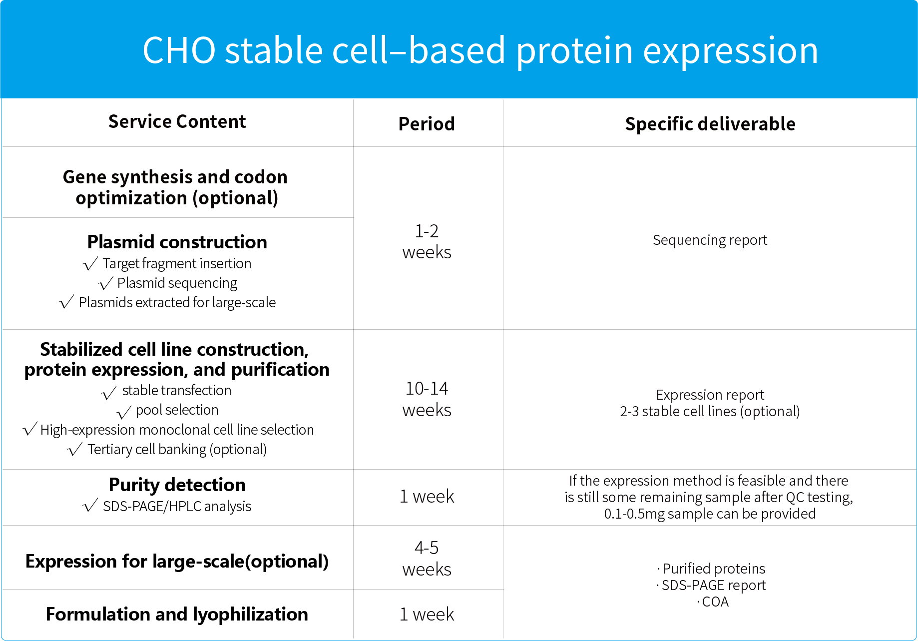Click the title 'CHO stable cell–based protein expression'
point(480,51)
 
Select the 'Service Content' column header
point(177,121)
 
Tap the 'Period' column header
point(427,124)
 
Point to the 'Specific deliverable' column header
point(710,124)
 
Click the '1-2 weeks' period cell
point(427,241)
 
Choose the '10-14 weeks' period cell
point(427,399)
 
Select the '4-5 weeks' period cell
point(427,558)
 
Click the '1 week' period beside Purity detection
point(427,496)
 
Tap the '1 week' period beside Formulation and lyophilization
point(427,614)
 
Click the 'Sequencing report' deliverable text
point(710,240)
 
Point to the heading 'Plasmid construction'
point(177,242)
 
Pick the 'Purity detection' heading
point(177,485)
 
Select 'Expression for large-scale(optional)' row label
point(177,562)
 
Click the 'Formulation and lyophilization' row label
point(177,614)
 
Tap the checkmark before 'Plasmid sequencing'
point(106,283)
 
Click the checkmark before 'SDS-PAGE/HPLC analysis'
point(90,506)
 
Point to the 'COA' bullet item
point(714,602)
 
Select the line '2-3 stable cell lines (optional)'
point(710,411)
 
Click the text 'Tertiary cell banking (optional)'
point(177,450)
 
